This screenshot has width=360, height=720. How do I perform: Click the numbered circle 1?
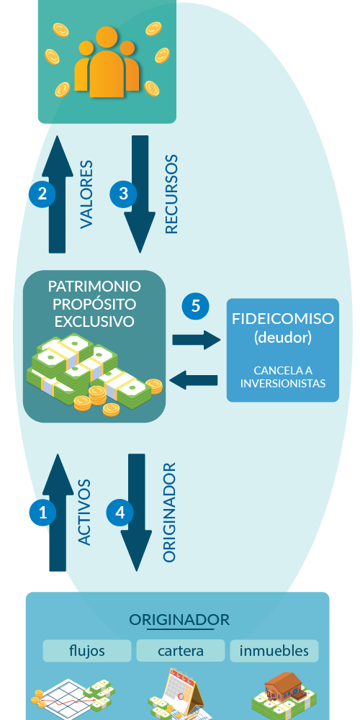pyautogui.click(x=42, y=513)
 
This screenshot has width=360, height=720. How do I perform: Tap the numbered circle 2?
pyautogui.click(x=42, y=194)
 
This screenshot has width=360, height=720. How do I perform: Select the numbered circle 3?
pyautogui.click(x=123, y=194)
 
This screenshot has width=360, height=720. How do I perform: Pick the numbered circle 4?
pyautogui.click(x=120, y=513)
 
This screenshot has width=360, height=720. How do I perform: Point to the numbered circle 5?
pyautogui.click(x=196, y=306)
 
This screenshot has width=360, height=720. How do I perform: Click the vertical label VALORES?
pyautogui.click(x=86, y=194)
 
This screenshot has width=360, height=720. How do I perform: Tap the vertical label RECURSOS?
pyautogui.click(x=171, y=194)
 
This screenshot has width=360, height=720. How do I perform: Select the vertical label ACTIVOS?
pyautogui.click(x=84, y=513)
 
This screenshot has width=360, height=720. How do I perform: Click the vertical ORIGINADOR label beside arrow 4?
pyautogui.click(x=169, y=513)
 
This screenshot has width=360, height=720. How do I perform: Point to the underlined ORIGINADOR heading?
pyautogui.click(x=179, y=620)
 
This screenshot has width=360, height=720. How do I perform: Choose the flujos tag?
pyautogui.click(x=87, y=651)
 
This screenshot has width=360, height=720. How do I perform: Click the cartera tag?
pyautogui.click(x=181, y=651)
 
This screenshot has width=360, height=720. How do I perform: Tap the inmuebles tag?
pyautogui.click(x=274, y=651)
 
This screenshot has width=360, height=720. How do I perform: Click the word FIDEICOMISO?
pyautogui.click(x=283, y=319)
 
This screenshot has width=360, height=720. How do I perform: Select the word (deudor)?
pyautogui.click(x=283, y=338)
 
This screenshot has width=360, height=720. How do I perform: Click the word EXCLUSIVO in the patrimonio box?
pyautogui.click(x=94, y=321)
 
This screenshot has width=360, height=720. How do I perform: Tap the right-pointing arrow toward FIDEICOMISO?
pyautogui.click(x=197, y=340)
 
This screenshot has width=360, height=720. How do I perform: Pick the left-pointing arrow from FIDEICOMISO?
pyautogui.click(x=193, y=380)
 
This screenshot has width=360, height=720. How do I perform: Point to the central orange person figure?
pyautogui.click(x=107, y=62)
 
